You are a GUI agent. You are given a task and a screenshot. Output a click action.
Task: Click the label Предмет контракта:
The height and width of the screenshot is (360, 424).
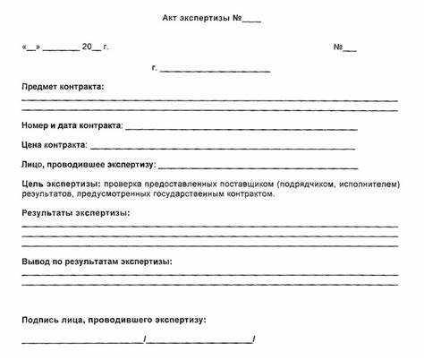tap(63, 86)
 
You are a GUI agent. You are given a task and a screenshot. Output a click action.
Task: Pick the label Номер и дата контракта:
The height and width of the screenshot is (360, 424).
tap(72, 125)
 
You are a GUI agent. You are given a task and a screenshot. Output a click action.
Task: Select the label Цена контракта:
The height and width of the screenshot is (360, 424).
tap(55, 144)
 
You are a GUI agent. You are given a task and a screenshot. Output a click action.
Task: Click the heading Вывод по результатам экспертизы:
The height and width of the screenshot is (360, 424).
tap(97, 261)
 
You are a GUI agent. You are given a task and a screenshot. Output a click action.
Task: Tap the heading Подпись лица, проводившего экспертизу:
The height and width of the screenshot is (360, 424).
tap(114, 319)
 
